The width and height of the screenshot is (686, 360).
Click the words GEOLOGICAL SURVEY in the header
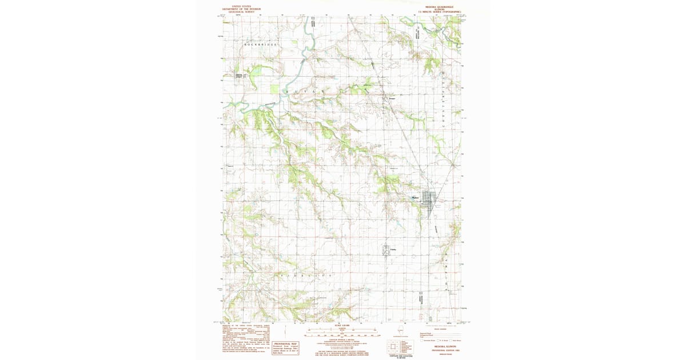[241, 11]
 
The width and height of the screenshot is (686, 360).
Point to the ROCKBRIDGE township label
[260, 44]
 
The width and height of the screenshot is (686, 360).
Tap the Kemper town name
[393, 98]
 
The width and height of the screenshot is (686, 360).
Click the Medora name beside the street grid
[416, 198]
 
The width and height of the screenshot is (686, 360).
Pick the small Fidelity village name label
[393, 249]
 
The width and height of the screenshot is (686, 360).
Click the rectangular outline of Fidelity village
[386, 250]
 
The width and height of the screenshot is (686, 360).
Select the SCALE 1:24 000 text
[342, 326]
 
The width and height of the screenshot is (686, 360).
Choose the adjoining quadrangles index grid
[393, 347]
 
